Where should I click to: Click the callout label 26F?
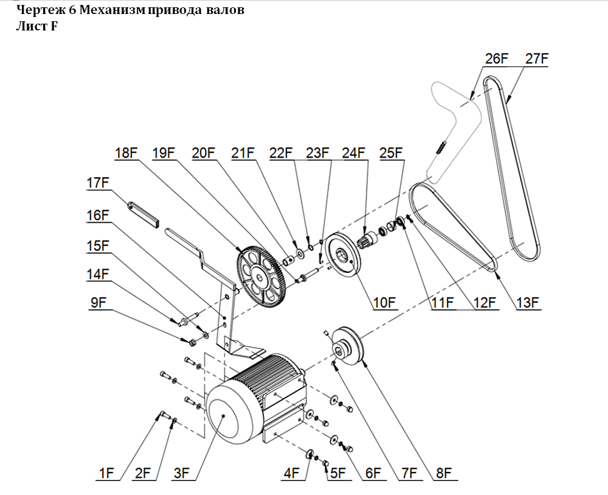(x=496, y=58)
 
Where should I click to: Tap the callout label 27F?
(x=537, y=58)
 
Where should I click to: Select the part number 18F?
(x=126, y=152)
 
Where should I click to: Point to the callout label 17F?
(x=97, y=182)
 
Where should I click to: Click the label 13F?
(x=527, y=302)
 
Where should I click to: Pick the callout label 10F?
(x=384, y=302)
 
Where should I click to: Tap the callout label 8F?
(x=443, y=472)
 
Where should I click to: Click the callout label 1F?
(x=106, y=472)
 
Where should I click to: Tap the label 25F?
(x=392, y=152)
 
